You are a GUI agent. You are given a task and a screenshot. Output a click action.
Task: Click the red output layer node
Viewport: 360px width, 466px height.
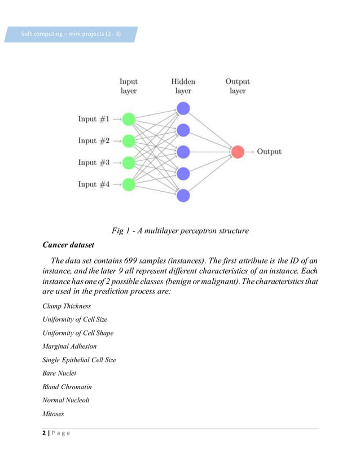(x=238, y=152)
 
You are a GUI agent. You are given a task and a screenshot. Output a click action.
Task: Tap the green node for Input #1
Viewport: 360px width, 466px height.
(x=129, y=119)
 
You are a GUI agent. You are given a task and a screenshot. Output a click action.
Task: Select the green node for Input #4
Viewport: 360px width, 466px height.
(x=129, y=184)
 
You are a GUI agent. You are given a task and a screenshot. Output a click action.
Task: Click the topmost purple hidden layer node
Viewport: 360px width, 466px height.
(x=183, y=108)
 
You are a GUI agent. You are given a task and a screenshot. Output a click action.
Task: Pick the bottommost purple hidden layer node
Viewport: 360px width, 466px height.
(x=183, y=196)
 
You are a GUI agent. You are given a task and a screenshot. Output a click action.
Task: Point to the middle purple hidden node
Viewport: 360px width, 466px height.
(x=183, y=152)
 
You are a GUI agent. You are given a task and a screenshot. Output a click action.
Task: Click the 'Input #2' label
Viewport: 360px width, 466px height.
(x=94, y=141)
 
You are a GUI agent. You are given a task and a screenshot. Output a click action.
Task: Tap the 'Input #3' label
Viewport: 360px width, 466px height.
(x=94, y=163)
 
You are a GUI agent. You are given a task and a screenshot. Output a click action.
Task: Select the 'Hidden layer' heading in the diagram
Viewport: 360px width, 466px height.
(x=183, y=86)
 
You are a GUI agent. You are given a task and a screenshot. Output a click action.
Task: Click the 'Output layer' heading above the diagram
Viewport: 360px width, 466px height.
(x=238, y=86)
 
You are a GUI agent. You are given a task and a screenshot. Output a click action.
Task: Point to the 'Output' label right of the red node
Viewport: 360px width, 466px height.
(x=269, y=152)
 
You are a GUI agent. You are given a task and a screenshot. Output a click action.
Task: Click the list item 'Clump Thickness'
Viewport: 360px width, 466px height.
(x=67, y=306)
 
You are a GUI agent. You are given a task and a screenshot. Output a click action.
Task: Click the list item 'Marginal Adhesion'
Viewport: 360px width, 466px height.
(x=69, y=346)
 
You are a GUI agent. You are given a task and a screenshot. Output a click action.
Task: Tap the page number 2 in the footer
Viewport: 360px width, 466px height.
(x=44, y=434)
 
